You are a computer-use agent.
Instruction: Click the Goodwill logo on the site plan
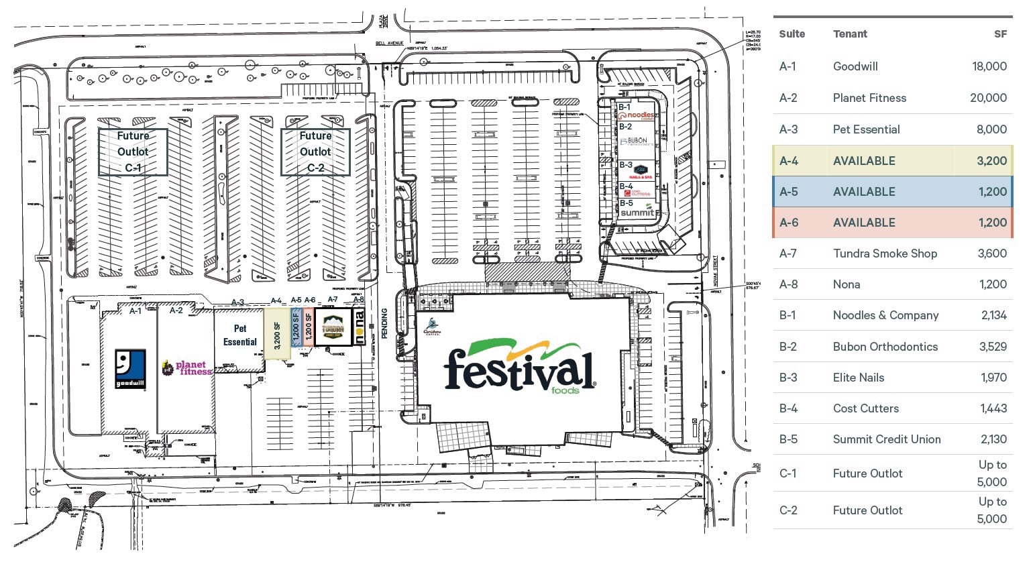130,370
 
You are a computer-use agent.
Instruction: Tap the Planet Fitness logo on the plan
186,368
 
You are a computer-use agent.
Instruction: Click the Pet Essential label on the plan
240,335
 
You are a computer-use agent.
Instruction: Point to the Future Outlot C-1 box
133,152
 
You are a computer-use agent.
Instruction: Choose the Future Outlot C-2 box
315,152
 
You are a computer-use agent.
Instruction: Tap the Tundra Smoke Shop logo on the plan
333,329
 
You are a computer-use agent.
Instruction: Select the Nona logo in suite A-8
359,327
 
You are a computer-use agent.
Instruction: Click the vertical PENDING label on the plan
385,323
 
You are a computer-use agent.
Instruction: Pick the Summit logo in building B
637,211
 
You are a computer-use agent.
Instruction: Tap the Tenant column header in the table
850,34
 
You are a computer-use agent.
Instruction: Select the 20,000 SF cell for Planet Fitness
987,98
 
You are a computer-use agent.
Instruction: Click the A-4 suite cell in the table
788,161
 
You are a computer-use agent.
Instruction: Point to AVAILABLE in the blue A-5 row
863,192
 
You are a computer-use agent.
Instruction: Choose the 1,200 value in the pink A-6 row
992,223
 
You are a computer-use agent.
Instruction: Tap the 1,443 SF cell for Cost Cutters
993,408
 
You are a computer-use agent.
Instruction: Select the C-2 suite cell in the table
788,510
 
